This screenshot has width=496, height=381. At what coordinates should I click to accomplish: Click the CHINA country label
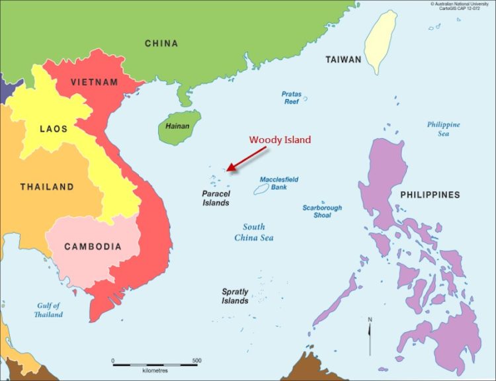tap(161, 44)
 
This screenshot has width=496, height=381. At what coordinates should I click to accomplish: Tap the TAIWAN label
tap(343, 60)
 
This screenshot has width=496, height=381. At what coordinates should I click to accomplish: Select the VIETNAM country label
tap(95, 83)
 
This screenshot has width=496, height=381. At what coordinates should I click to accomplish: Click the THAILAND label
tap(46, 187)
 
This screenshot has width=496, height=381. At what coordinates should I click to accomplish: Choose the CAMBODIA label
tap(93, 247)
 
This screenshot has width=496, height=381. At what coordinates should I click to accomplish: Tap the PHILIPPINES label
tap(430, 195)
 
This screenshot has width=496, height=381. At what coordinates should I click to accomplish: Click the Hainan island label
tap(177, 126)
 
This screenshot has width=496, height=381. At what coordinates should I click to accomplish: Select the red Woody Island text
tap(279, 140)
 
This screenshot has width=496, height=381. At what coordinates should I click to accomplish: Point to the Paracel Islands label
tap(216, 198)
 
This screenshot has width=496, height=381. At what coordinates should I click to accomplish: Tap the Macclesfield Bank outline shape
tap(261, 190)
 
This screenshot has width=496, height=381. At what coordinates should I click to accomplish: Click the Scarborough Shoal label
tap(322, 212)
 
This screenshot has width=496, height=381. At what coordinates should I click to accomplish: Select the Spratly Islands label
tap(235, 296)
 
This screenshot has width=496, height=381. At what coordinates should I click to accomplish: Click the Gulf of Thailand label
tap(48, 310)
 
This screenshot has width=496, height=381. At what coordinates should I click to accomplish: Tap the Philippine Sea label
tap(443, 129)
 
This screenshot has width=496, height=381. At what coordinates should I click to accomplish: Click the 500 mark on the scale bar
tap(196, 360)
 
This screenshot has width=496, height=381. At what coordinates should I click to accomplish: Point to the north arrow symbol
tap(369, 336)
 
